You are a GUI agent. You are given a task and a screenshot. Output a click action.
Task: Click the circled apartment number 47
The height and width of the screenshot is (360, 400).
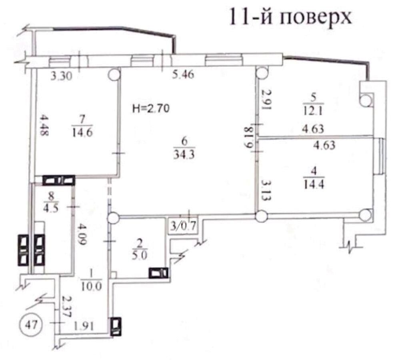[31, 325]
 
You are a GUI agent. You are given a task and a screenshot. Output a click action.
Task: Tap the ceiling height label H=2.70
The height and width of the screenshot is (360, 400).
[151, 109]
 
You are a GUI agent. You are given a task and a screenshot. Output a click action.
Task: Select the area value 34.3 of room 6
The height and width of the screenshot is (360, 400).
[184, 154]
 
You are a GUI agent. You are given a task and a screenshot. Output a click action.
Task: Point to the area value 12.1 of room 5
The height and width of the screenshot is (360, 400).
[313, 111]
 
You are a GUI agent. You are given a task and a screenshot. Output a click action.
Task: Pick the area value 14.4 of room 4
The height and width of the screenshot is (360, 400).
[314, 184]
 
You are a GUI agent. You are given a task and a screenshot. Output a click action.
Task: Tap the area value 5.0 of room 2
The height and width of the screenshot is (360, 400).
[140, 255]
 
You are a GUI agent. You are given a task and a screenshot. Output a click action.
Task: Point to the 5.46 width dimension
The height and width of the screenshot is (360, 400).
[183, 74]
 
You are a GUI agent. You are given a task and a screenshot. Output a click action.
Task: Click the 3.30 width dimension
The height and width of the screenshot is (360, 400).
[61, 76]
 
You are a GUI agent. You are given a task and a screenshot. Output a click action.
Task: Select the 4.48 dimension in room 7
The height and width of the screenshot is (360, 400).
[45, 126]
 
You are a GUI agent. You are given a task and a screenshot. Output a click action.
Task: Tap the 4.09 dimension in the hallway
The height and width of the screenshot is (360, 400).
[82, 234]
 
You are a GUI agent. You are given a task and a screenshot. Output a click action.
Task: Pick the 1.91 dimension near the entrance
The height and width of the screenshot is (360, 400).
[84, 326]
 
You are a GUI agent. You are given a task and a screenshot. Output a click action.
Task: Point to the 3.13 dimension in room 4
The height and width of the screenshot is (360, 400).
[266, 191]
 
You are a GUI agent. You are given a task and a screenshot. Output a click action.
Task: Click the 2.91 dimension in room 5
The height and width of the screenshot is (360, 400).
[266, 99]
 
